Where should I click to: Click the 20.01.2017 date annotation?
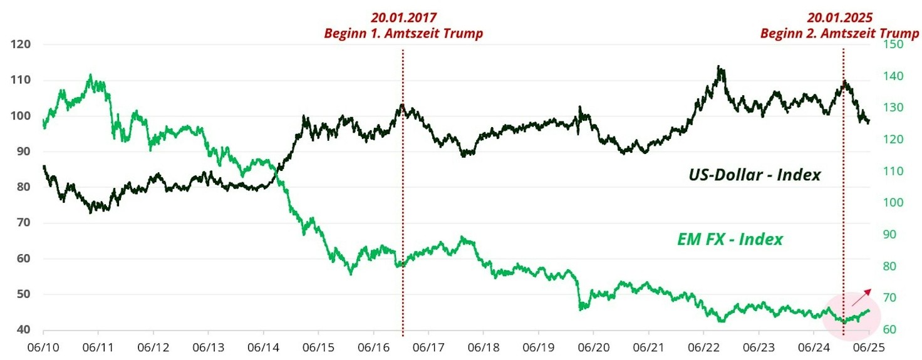(403, 18)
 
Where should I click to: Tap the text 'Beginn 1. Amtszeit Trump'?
(403, 33)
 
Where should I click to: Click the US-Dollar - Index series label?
(750, 175)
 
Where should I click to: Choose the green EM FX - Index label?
(730, 239)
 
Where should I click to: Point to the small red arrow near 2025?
(862, 297)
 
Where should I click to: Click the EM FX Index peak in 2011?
(90, 76)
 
